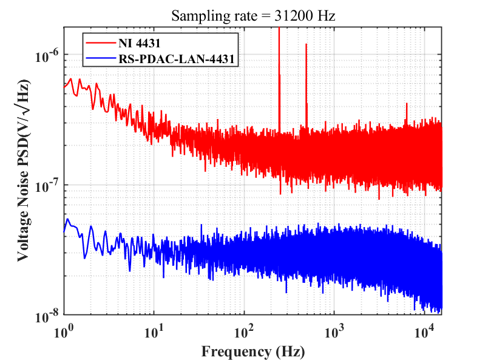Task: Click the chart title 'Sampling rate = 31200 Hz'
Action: (253, 16)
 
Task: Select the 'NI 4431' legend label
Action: (139, 43)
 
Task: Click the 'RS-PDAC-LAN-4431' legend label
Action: (177, 58)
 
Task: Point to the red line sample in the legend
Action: (101, 42)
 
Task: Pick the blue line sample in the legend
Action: (101, 58)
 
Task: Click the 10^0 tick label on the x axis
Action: (64, 331)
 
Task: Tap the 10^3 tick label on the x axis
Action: (334, 331)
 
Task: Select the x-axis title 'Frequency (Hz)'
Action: (253, 352)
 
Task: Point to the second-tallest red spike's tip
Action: (307, 44)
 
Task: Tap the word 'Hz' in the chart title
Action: (326, 16)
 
